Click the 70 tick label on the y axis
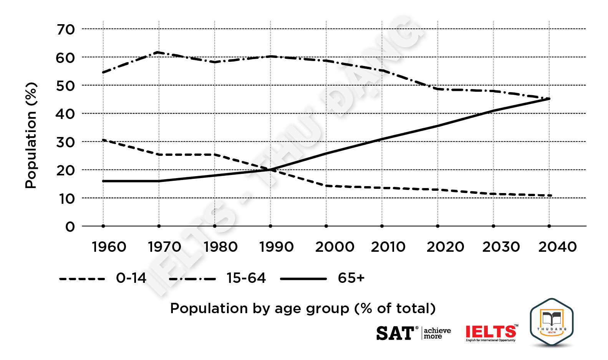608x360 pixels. (66, 30)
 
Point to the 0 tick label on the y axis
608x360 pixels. (70, 227)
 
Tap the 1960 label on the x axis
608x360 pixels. (109, 247)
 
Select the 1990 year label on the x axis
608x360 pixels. (277, 247)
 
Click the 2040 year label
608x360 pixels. (557, 247)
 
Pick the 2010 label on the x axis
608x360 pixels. (388, 247)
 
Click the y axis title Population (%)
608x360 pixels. (31, 135)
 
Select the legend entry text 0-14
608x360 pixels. (131, 278)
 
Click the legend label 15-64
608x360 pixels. (246, 278)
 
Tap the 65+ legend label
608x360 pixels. (351, 278)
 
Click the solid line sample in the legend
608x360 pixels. (303, 279)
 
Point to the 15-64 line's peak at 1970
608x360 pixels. (159, 52)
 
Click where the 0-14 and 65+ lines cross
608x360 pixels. (270, 169)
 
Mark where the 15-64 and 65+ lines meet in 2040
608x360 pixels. (549, 99)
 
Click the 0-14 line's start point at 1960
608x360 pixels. (103, 140)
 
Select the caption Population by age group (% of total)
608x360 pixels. (303, 308)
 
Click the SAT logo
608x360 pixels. (395, 333)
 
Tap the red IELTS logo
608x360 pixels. (491, 332)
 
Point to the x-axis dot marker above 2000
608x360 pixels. (326, 226)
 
